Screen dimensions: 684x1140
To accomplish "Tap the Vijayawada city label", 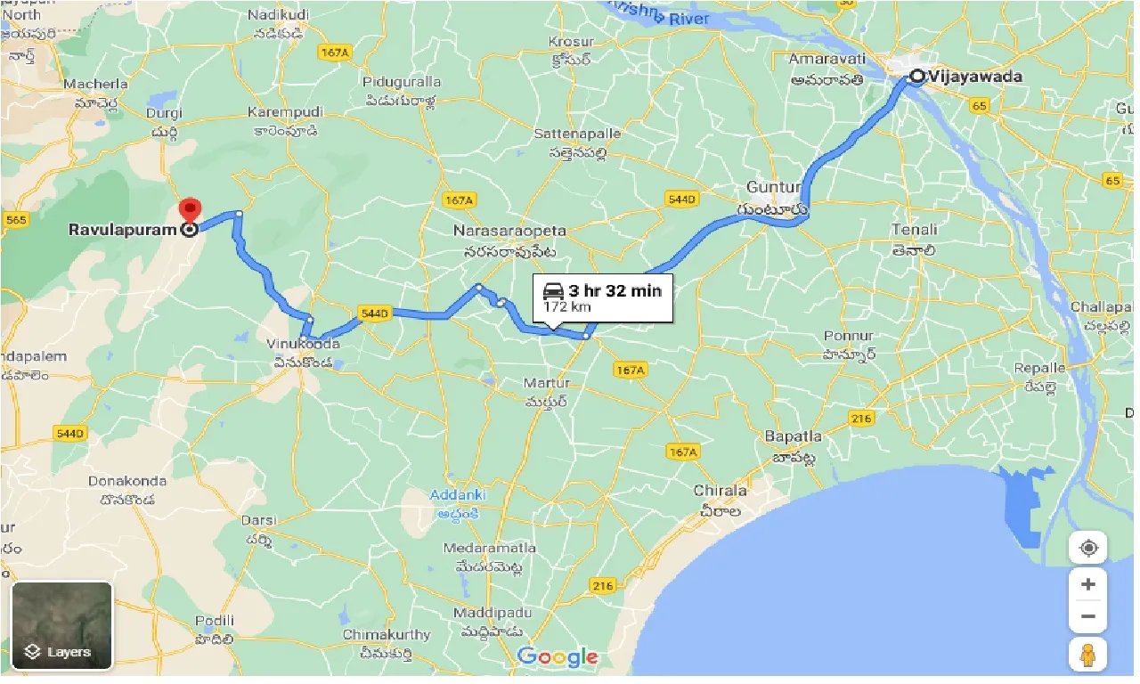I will tap(975, 77).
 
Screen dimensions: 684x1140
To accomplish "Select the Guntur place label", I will tap(768, 188).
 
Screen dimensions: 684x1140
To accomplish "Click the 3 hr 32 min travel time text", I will tap(615, 290).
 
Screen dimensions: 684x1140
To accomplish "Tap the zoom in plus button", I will tap(1087, 585).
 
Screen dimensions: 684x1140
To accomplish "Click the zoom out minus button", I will tap(1087, 615).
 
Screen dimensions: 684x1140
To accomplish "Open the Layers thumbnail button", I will tap(61, 625).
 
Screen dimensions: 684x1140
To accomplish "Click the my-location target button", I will tap(1087, 548).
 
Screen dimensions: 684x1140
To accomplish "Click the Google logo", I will tap(558, 657).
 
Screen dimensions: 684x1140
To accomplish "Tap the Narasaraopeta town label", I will tap(509, 231).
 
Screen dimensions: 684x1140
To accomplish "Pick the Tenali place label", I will tap(915, 231).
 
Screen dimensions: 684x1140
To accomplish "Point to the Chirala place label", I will tap(720, 491).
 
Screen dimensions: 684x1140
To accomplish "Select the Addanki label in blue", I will tap(457, 494).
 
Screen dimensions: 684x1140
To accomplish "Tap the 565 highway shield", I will tap(15, 219).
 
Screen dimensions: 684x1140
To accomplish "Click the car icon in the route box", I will tap(553, 290).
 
